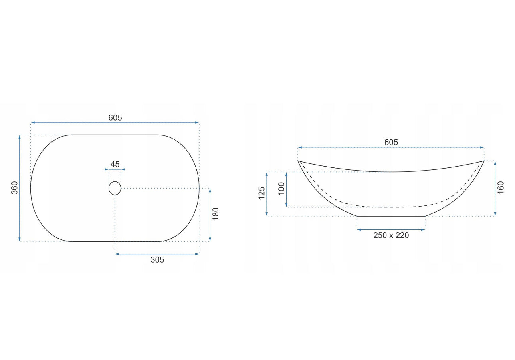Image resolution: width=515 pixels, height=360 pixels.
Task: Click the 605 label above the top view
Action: (x=115, y=118)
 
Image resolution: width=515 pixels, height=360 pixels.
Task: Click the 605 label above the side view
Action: (x=391, y=142)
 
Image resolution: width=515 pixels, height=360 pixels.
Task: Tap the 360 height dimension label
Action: (x=15, y=188)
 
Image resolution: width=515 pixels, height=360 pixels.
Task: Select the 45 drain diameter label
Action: (x=115, y=164)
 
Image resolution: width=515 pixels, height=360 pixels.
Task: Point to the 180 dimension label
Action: (x=216, y=214)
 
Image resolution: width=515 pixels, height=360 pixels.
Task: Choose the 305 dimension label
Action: (x=157, y=260)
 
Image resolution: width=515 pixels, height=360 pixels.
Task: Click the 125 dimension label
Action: (x=262, y=193)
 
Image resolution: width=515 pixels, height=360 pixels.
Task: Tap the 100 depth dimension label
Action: (x=281, y=189)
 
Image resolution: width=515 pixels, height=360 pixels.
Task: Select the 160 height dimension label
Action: (x=501, y=188)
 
